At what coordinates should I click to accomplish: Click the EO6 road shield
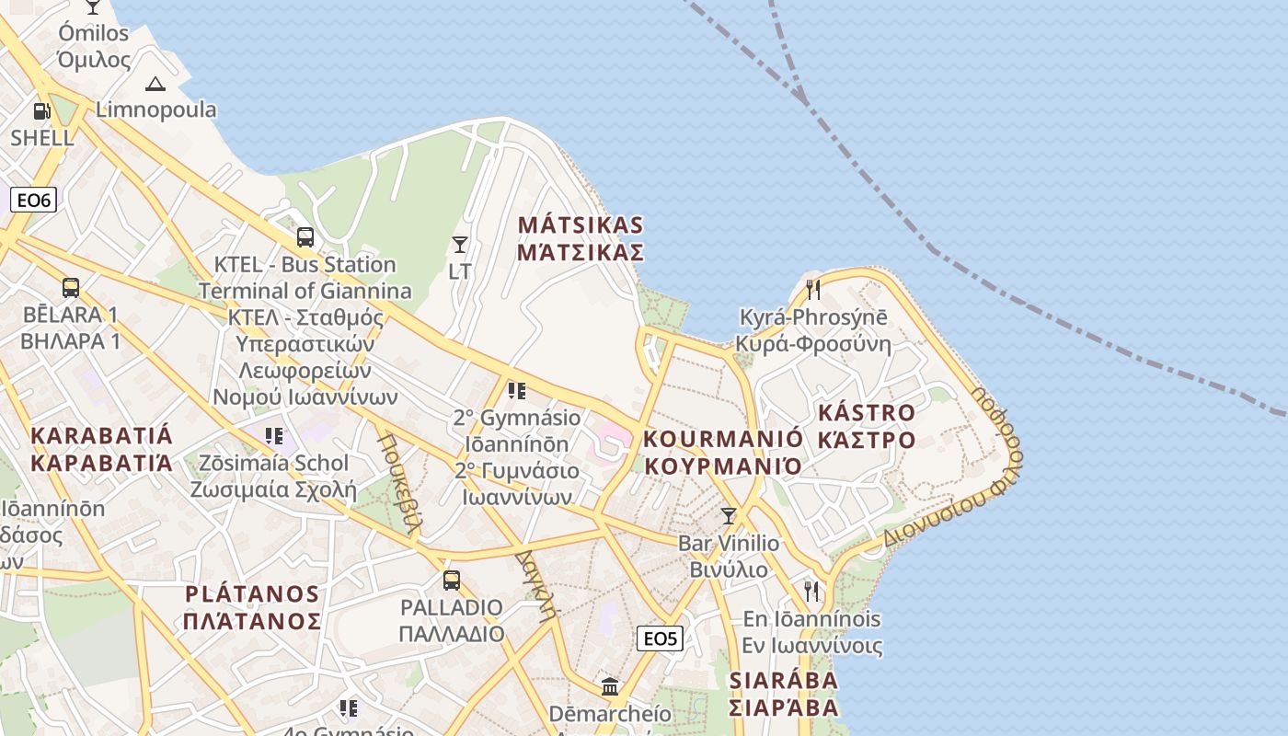33,200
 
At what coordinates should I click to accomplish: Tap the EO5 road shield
660,638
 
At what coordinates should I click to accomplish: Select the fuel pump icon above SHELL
41,111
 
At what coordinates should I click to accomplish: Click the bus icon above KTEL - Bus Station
305,236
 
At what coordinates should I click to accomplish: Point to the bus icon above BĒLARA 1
71,287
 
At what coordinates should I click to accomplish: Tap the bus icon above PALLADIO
451,581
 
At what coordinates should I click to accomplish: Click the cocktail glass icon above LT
460,244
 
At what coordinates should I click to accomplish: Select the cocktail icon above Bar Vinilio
729,516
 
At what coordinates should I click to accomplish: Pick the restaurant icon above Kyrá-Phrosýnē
813,290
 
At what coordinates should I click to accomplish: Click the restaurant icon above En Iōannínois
811,591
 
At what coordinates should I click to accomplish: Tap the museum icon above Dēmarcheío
610,686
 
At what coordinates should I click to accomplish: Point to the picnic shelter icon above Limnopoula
155,84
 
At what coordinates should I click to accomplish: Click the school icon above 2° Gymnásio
517,391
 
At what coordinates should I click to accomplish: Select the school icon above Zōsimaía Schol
273,435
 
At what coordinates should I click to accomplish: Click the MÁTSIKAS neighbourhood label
580,238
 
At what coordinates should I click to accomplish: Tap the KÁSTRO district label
867,426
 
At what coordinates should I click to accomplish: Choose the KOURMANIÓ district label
723,452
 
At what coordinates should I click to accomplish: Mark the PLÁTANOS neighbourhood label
252,607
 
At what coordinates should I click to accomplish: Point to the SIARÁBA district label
784,694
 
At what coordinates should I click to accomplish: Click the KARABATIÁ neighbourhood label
101,448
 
